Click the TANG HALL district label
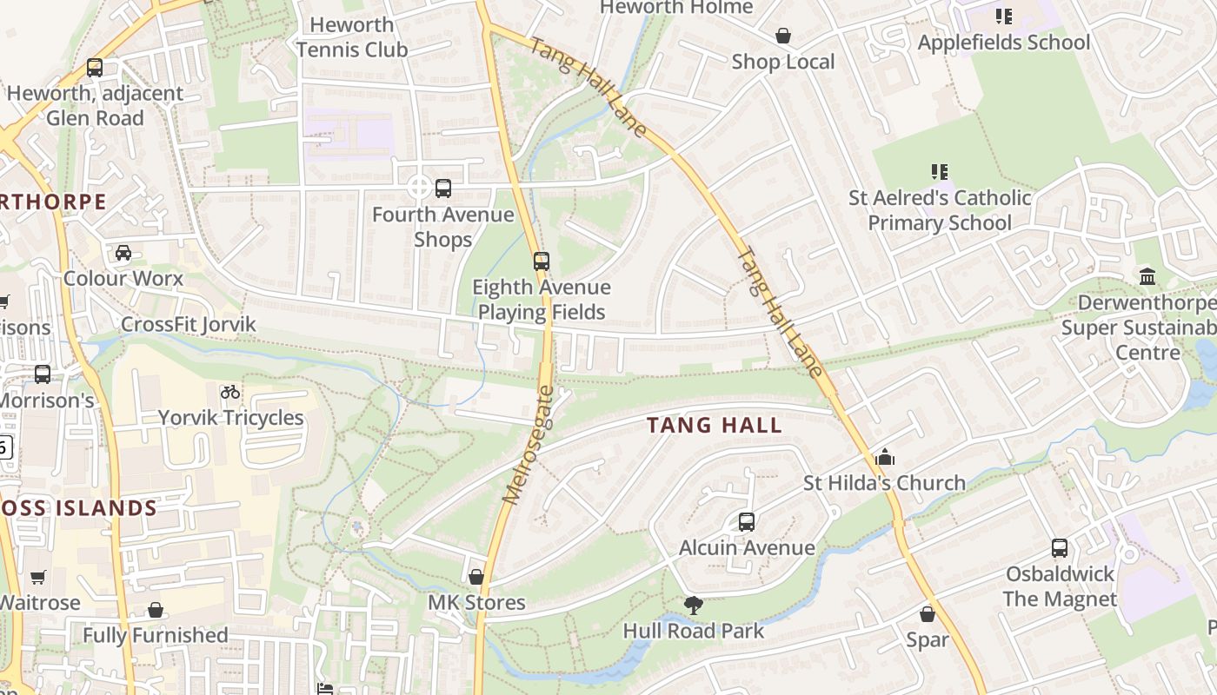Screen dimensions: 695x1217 click(x=715, y=426)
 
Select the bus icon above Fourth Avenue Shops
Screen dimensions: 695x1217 click(x=443, y=188)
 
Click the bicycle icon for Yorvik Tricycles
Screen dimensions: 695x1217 click(x=230, y=392)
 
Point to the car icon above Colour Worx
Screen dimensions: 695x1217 click(x=123, y=253)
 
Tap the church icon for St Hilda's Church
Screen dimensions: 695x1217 click(x=884, y=457)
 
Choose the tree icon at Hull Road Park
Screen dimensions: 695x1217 click(x=693, y=605)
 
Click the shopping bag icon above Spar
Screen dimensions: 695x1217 click(x=928, y=614)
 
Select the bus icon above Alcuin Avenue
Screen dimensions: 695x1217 click(x=747, y=522)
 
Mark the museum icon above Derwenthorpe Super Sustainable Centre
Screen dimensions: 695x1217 click(x=1147, y=277)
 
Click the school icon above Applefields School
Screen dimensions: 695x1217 click(x=1004, y=17)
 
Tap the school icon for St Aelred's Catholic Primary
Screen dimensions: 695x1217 click(x=939, y=172)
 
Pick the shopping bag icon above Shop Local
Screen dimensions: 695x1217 click(x=783, y=36)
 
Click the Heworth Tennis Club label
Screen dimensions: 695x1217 click(x=352, y=37)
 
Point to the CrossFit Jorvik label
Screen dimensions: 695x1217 click(x=189, y=324)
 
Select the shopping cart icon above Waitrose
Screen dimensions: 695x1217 click(x=38, y=577)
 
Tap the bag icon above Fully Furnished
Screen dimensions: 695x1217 click(x=156, y=610)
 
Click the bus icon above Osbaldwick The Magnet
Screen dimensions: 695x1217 click(x=1059, y=548)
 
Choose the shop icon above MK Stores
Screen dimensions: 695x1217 click(x=476, y=577)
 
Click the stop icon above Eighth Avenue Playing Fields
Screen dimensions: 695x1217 click(x=542, y=261)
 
